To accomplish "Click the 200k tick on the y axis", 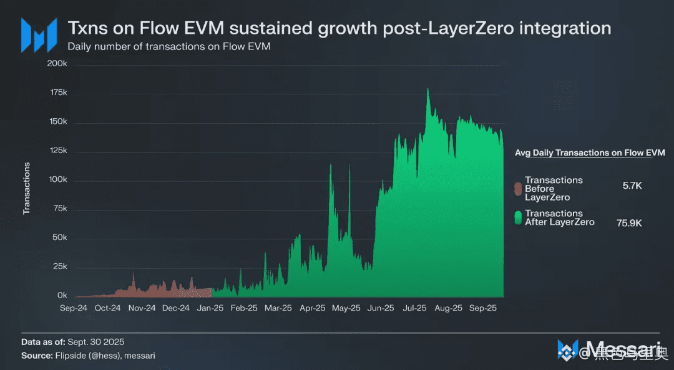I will pyautogui.click(x=58, y=64).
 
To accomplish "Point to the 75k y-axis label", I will pyautogui.click(x=60, y=209).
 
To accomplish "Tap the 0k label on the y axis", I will pyautogui.click(x=62, y=295).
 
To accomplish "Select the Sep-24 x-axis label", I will pyautogui.click(x=74, y=307).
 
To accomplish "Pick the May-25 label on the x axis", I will pyautogui.click(x=346, y=307).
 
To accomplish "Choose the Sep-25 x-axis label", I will pyautogui.click(x=482, y=307).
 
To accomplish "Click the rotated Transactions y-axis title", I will pyautogui.click(x=27, y=188).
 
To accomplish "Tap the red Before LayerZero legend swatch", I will pyautogui.click(x=517, y=188).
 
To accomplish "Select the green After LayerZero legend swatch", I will pyautogui.click(x=517, y=217).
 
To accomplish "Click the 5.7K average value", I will pyautogui.click(x=632, y=186).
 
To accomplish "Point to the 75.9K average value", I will pyautogui.click(x=629, y=222).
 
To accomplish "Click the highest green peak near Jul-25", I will pyautogui.click(x=427, y=89).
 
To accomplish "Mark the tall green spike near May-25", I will pyautogui.click(x=331, y=164).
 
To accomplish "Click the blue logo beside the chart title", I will pyautogui.click(x=39, y=34).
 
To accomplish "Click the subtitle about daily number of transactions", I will pyautogui.click(x=169, y=46).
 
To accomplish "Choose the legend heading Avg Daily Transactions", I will pyautogui.click(x=590, y=152).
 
